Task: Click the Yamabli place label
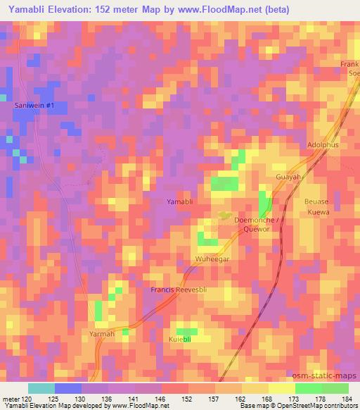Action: [180, 202]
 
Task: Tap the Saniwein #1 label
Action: [39, 105]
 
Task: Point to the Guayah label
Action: [288, 179]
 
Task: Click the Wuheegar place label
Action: [212, 259]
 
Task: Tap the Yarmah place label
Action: [102, 333]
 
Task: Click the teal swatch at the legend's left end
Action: [41, 388]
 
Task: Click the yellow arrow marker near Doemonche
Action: [224, 216]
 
